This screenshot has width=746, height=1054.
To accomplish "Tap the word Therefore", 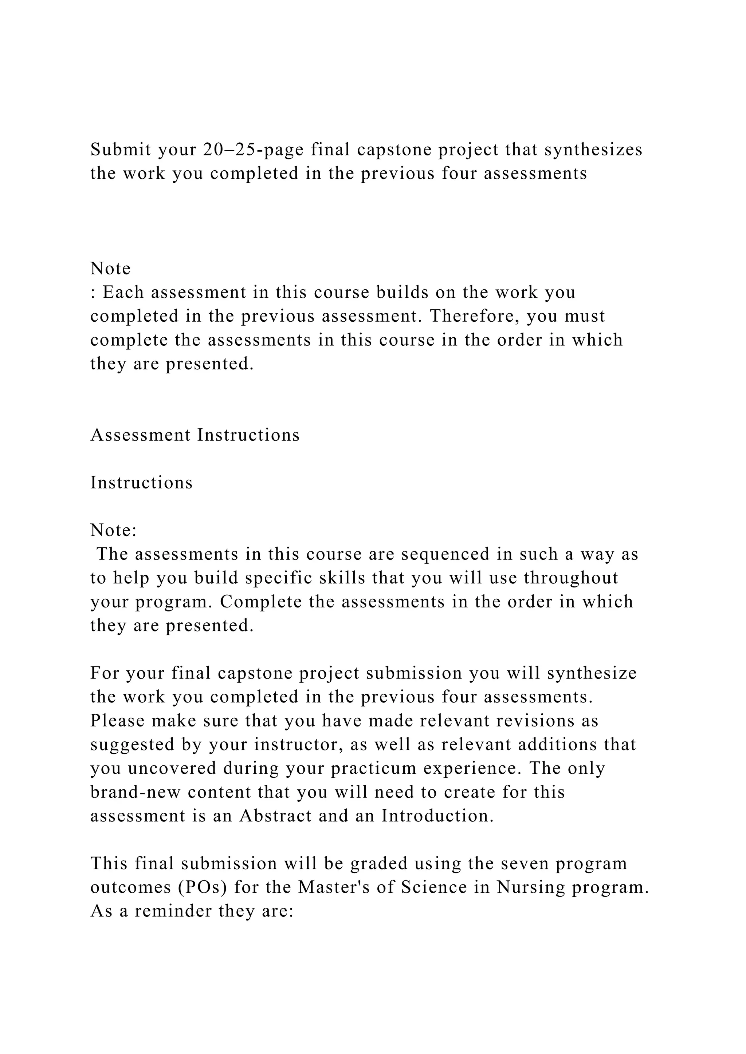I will tap(474, 316).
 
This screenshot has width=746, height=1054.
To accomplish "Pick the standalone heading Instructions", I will tap(141, 483).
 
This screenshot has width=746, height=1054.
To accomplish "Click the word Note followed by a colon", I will tap(113, 530).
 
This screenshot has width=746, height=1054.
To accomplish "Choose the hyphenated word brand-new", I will tap(136, 792).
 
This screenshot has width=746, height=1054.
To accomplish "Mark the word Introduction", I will tap(437, 816).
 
